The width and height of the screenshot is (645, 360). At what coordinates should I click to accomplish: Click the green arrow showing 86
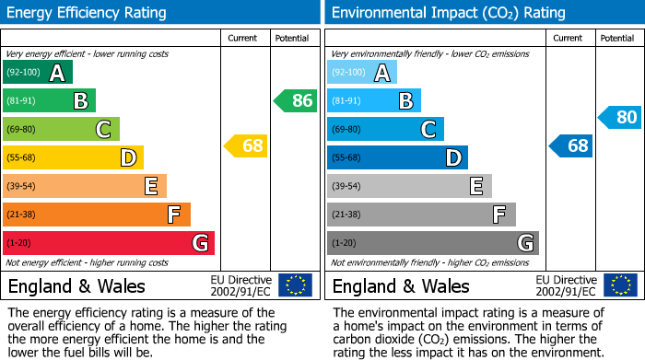coord(296,100)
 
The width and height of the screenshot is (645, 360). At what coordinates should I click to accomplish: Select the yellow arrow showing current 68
coord(246,145)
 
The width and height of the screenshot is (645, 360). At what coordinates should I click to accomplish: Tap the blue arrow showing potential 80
coord(620,117)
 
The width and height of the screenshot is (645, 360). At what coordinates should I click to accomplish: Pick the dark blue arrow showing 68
coord(571,145)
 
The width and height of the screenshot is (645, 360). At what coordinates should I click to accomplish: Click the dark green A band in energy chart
coord(38,73)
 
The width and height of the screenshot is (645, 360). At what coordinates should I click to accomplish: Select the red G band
coord(109,243)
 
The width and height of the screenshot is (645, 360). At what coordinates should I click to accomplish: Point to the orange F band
coord(97,215)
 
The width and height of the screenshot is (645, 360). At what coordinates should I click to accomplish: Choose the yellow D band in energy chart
coord(73,157)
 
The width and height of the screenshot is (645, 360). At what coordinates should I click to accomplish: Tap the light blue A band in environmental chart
coord(362,73)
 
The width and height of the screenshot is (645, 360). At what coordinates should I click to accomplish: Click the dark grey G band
coord(433,243)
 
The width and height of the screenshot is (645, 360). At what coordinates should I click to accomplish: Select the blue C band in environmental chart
coord(385,129)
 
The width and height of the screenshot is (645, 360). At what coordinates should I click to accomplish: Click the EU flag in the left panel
coord(295,285)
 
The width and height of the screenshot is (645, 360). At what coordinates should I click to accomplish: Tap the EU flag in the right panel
coord(619,285)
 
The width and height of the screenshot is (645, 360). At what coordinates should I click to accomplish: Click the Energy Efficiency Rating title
coord(88,13)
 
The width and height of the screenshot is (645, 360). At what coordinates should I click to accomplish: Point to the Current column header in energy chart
coord(244,39)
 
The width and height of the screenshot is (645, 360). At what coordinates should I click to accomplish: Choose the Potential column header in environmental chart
coord(617,39)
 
